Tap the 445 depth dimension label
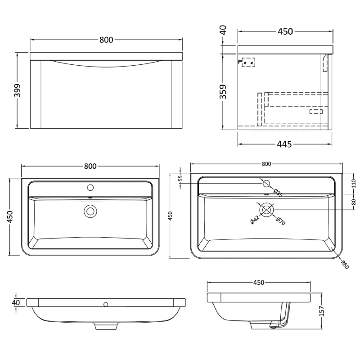(284, 144)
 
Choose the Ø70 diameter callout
(279, 221)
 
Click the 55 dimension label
(181, 178)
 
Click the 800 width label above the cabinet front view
(106, 40)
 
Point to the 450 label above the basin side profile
(258, 283)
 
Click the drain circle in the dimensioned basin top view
(267, 209)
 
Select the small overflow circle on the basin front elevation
(106, 305)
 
